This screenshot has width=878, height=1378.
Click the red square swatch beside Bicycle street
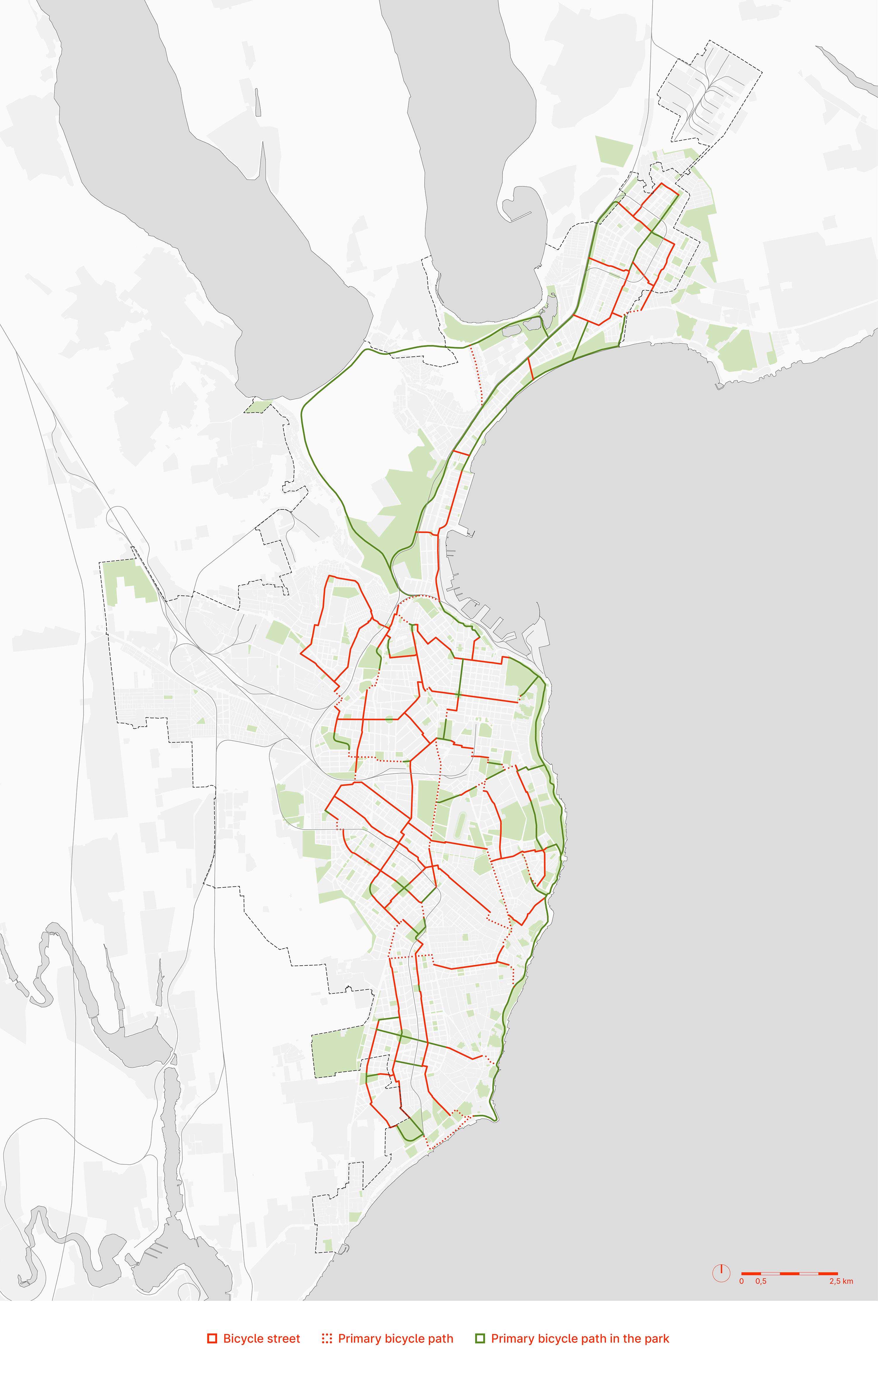point(212,1339)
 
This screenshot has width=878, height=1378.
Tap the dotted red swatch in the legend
point(327,1339)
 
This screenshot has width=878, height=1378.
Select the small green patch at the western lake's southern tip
point(258,406)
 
